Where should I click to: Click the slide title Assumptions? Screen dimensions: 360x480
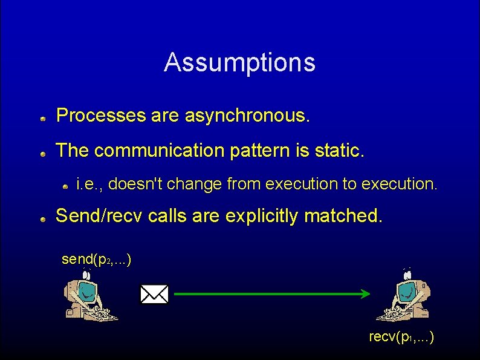click(239, 62)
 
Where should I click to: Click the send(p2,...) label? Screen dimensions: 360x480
click(97, 260)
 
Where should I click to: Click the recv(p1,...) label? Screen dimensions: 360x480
click(401, 336)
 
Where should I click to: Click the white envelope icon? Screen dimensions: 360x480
click(154, 295)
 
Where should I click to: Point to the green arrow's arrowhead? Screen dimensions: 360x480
click(365, 295)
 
